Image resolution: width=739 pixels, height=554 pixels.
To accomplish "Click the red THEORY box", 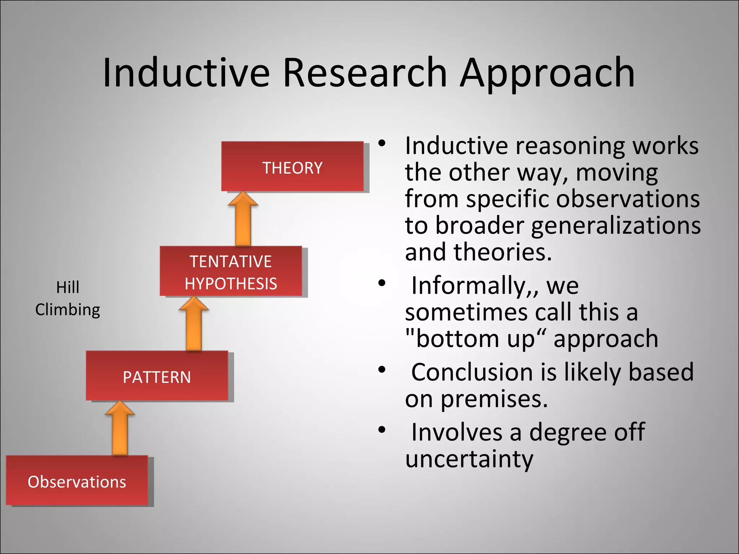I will click(x=292, y=166).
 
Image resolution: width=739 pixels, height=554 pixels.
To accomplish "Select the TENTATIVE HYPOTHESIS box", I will click(x=231, y=271).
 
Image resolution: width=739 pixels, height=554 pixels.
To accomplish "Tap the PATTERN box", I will click(x=157, y=376).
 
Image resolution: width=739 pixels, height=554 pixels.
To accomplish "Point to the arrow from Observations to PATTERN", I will click(x=120, y=429).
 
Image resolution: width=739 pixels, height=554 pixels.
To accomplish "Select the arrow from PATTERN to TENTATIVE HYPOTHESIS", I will click(x=194, y=325).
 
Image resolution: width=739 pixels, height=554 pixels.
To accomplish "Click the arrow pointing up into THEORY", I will click(x=243, y=220).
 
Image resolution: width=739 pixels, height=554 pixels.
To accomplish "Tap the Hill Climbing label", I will click(x=67, y=299).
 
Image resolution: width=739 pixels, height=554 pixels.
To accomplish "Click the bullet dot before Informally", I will click(x=382, y=283).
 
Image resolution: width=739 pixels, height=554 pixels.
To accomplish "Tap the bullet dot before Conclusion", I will click(x=382, y=370).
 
